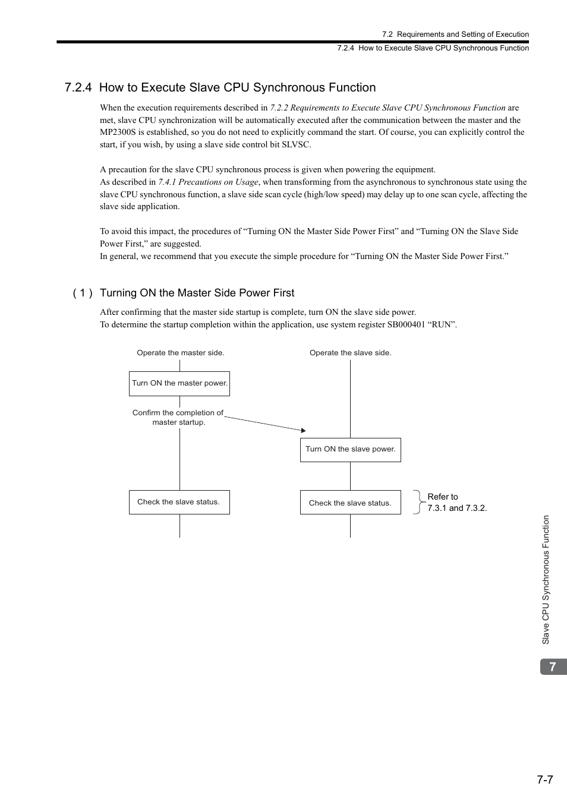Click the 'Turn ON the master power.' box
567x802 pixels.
pos(179,384)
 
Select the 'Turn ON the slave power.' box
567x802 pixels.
pos(350,450)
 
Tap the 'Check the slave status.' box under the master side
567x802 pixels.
pos(179,502)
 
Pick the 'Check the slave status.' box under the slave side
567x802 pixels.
pos(350,503)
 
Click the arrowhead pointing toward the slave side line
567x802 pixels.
pos(303,430)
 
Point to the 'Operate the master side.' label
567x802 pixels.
pos(181,353)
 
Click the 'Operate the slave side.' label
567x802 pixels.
pos(350,353)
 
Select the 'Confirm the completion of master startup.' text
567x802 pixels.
pos(178,418)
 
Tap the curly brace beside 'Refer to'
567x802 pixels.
pos(418,502)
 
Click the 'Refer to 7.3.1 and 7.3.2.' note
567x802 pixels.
pos(456,503)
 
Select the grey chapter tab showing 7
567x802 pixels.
pos(553,667)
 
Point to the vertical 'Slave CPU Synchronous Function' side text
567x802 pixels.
pos(546,580)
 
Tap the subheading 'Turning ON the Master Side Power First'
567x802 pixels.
pos(197,293)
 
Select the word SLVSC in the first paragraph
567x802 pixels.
pos(295,144)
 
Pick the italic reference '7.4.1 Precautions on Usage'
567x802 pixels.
pos(208,182)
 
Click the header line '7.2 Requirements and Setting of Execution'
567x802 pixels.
pos(455,34)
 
